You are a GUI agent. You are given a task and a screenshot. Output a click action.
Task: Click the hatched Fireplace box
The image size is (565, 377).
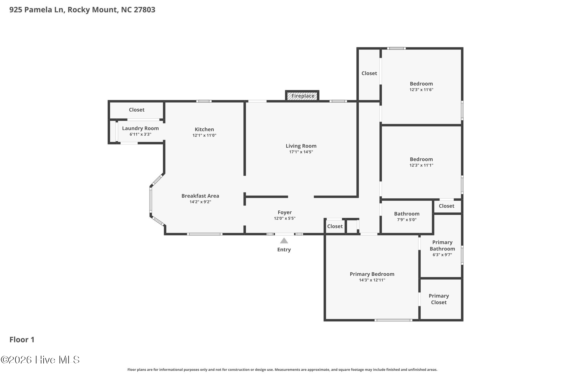point(302,96)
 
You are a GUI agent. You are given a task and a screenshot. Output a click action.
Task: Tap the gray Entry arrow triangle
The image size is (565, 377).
point(284,241)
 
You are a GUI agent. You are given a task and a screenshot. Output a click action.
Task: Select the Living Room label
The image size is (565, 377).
point(301,146)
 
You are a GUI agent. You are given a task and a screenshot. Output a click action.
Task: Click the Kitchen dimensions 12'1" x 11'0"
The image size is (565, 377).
point(204,135)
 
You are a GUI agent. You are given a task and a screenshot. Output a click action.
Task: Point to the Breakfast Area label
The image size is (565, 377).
point(200,196)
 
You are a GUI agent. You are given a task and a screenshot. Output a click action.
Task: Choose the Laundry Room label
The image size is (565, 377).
point(140,128)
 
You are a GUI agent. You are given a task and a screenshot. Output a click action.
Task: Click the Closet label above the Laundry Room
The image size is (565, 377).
point(137,110)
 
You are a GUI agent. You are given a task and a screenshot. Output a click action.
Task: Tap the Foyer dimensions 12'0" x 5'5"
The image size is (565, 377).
point(284,218)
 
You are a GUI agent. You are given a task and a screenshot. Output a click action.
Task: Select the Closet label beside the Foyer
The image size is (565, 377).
point(335,226)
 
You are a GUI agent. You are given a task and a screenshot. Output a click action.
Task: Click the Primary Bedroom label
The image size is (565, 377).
point(372,274)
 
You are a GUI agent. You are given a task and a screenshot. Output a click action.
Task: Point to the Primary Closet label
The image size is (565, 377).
point(439,299)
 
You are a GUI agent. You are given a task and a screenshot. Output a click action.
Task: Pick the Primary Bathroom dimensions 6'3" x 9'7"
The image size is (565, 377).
point(442,255)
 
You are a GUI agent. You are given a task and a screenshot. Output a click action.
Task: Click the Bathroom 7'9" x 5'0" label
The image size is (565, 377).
point(407,214)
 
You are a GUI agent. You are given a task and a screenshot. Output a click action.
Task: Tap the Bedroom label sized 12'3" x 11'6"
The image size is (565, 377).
point(421,84)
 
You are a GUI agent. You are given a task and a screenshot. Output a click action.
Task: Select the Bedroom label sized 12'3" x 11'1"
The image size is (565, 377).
point(421,159)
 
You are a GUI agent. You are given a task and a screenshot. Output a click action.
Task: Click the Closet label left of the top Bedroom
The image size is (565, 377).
point(369,73)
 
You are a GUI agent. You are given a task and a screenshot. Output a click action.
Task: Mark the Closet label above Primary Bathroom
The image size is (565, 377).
point(446,206)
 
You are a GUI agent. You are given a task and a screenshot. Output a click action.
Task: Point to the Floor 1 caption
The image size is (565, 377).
point(22,340)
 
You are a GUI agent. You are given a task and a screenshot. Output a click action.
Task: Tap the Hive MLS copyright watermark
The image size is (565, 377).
point(40,360)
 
